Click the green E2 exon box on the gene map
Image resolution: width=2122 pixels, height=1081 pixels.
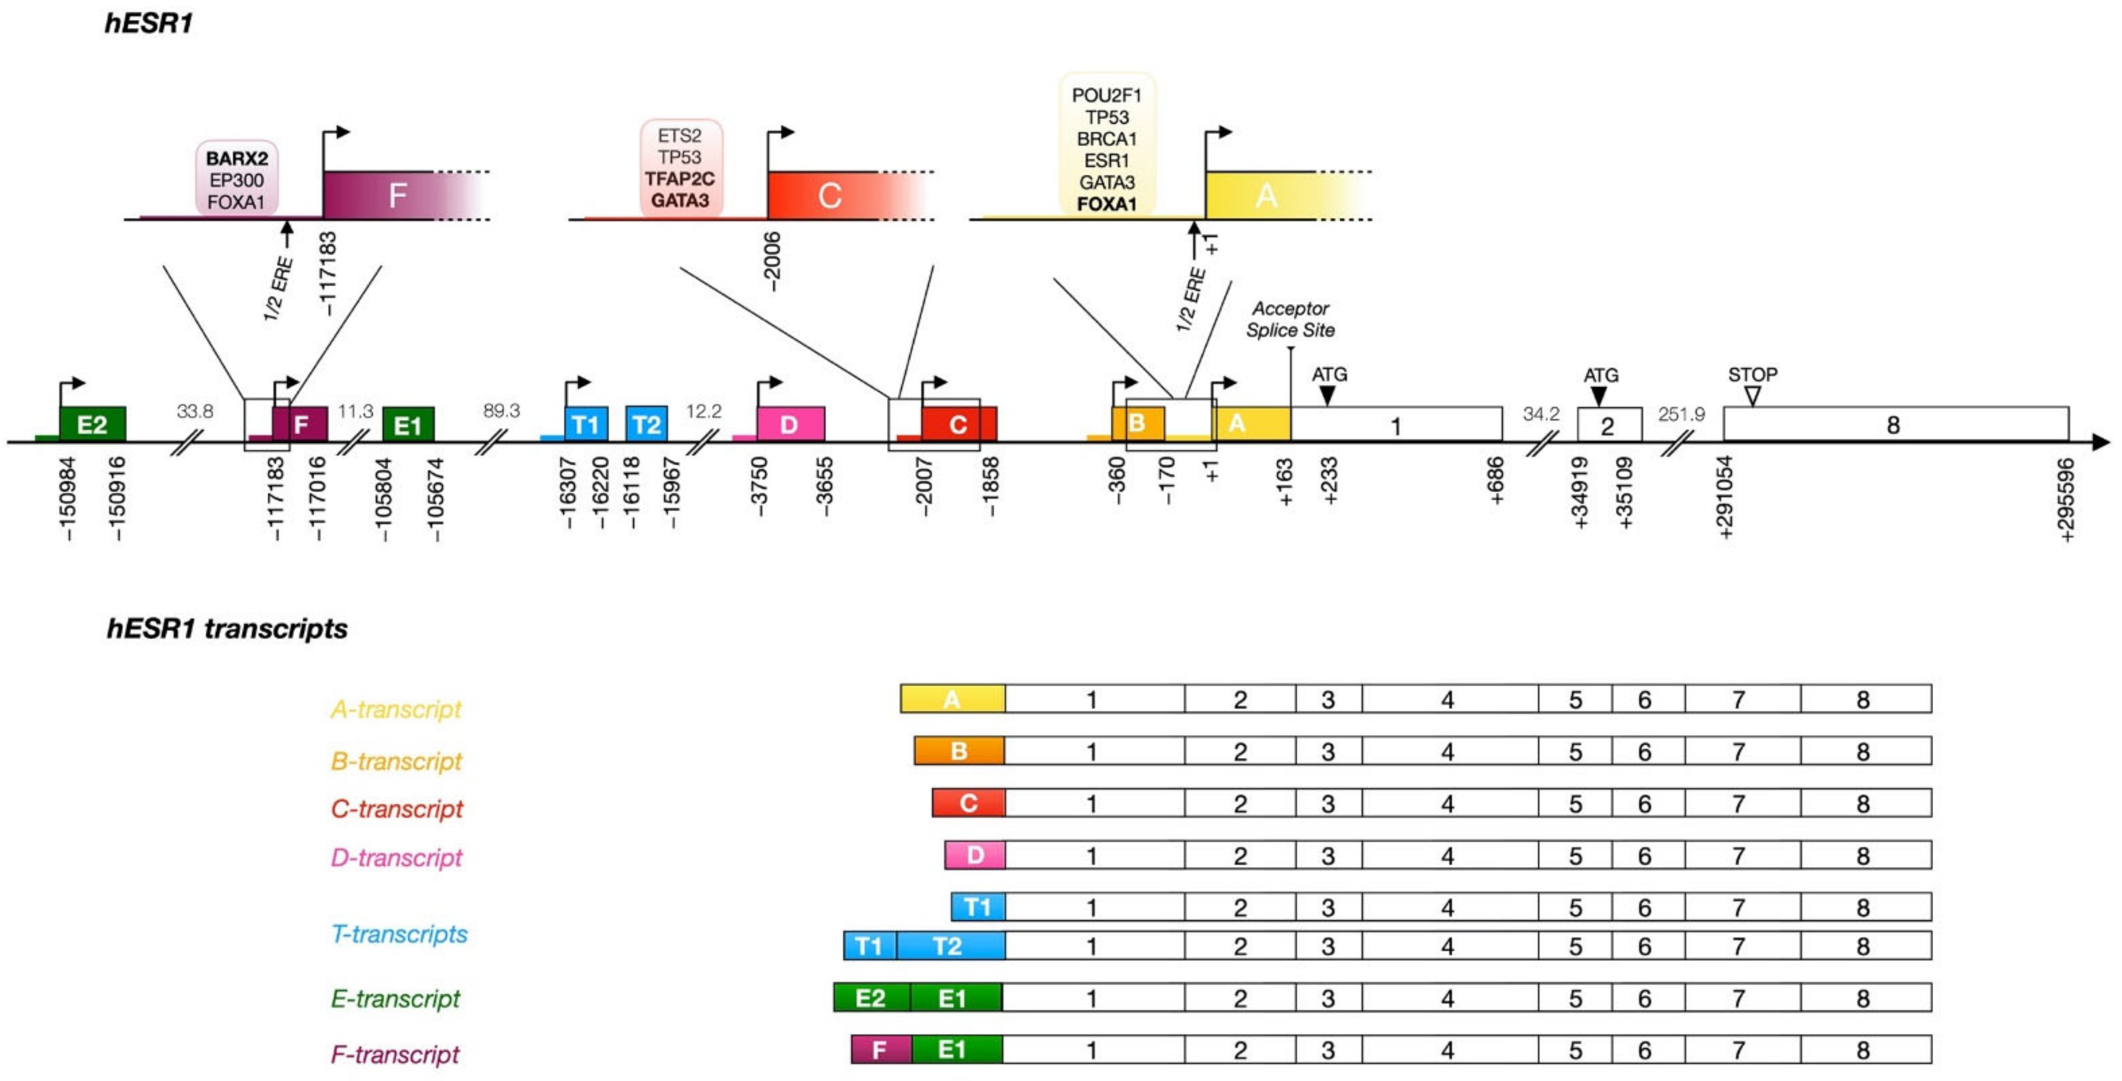coord(92,425)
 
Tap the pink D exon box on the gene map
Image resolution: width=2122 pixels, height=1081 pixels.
coord(790,425)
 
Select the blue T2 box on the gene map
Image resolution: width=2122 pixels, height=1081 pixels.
coord(646,425)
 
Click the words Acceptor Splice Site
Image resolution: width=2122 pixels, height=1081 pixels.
coord(1290,320)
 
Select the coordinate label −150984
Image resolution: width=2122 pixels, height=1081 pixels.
coord(68,499)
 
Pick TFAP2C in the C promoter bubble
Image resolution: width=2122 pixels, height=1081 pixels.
coord(680,179)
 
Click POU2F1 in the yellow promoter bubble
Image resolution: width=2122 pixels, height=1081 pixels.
coord(1106,96)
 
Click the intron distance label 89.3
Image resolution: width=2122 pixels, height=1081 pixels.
coord(502,411)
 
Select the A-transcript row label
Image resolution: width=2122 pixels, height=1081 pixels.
coord(396,709)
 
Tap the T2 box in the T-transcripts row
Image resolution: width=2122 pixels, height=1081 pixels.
coord(948,946)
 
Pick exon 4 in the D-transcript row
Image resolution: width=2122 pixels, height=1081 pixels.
coord(1447,856)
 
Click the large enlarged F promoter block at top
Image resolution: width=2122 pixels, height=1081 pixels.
coord(397,195)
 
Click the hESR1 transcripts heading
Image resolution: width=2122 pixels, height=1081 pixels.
coord(227,629)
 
